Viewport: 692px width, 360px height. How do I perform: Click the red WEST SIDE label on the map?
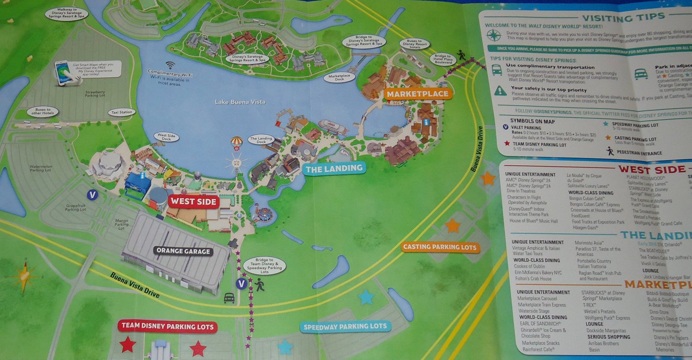tap(193, 202)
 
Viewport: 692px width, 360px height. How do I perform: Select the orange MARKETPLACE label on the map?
tap(417, 94)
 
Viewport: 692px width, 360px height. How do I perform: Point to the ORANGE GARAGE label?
tap(183, 252)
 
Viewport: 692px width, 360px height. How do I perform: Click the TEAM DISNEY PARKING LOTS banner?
tap(167, 327)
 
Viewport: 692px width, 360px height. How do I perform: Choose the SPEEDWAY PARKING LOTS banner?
tap(344, 326)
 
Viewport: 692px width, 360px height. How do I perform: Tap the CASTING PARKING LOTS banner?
tap(440, 247)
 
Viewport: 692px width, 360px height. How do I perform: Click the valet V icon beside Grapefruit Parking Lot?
tap(93, 195)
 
